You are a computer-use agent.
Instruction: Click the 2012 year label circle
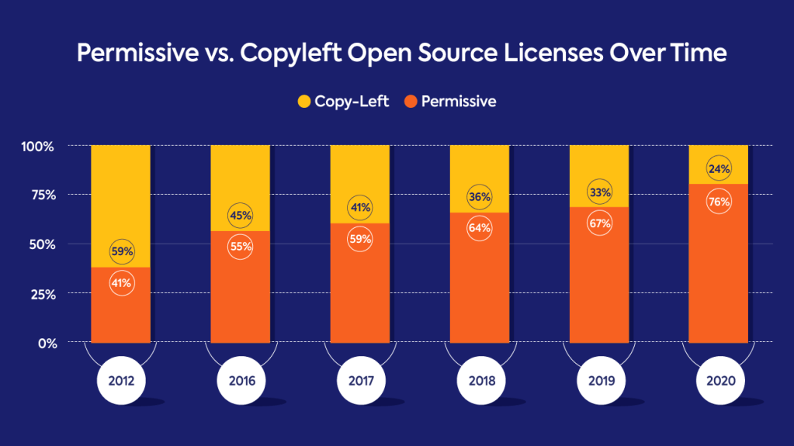click(x=120, y=382)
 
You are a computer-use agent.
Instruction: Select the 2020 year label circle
click(x=719, y=382)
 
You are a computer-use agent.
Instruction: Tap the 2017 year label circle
click(x=360, y=382)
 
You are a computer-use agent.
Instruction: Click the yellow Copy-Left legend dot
click(x=304, y=102)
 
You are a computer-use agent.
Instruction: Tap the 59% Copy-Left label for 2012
click(x=121, y=251)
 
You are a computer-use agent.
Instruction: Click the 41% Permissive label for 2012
click(x=121, y=284)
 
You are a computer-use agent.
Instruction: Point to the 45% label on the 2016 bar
click(x=241, y=215)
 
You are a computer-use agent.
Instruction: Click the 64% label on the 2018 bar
click(x=480, y=228)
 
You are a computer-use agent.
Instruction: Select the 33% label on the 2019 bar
click(x=599, y=192)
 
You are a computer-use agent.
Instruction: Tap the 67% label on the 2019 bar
click(x=599, y=224)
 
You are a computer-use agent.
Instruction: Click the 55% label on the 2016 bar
click(x=241, y=247)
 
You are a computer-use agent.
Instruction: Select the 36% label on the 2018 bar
click(x=480, y=197)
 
